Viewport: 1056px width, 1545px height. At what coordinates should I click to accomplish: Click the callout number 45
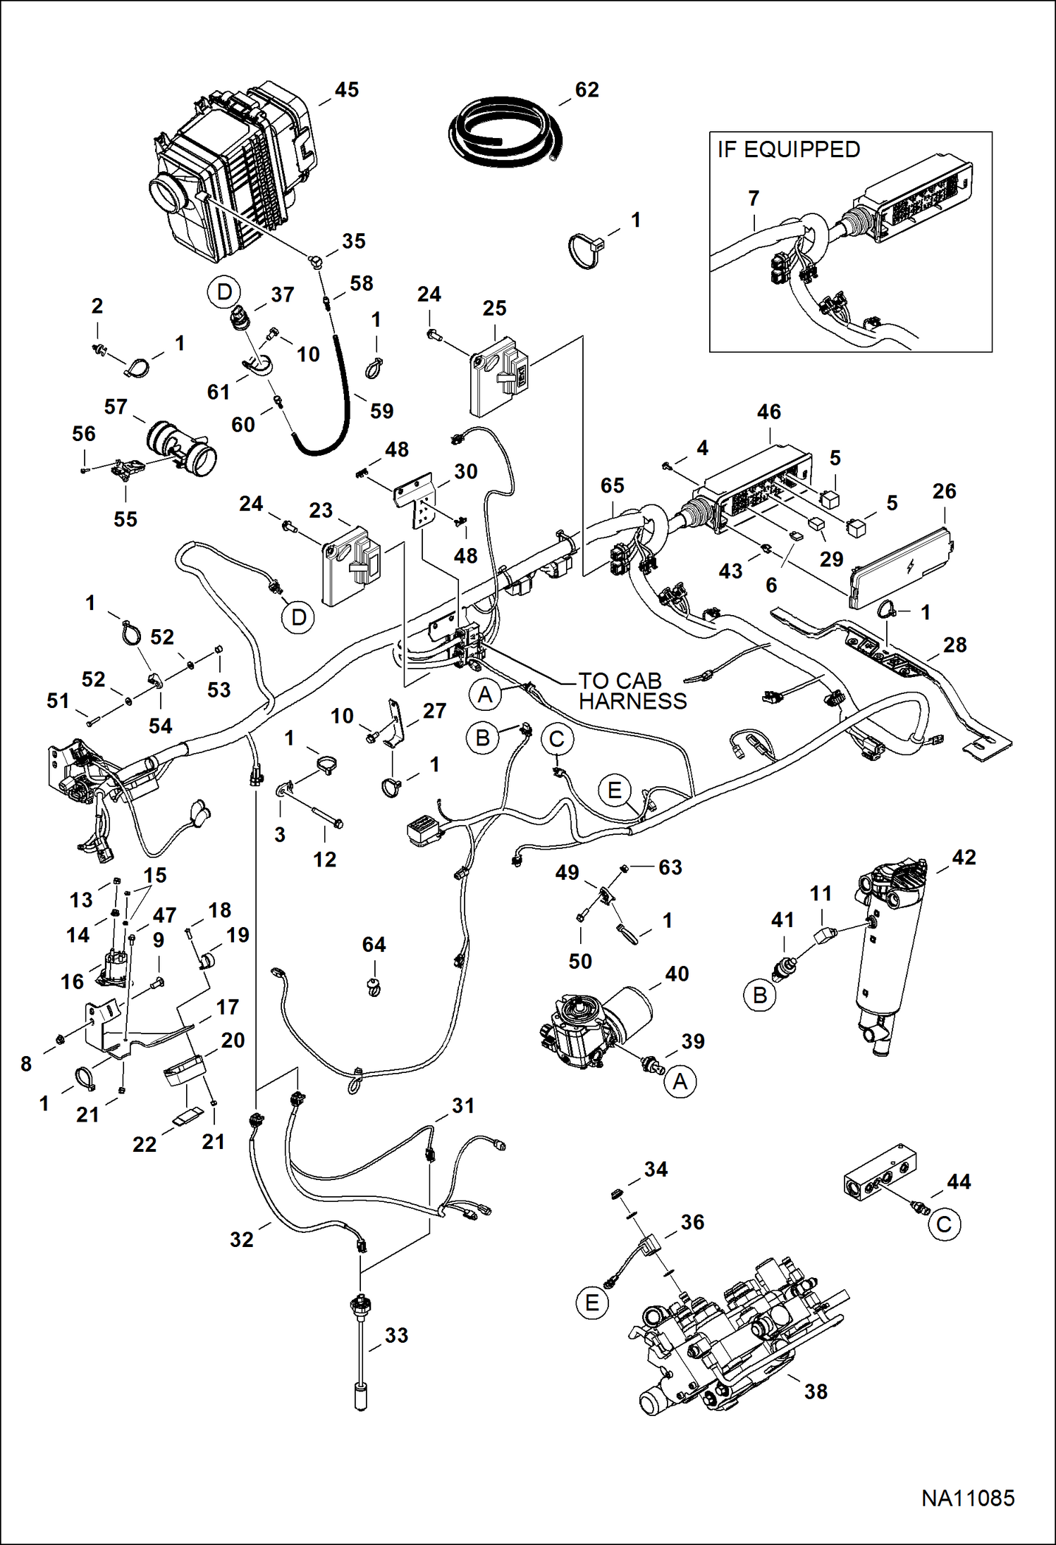(346, 90)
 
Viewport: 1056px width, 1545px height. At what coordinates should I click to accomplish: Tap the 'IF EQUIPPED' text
(788, 149)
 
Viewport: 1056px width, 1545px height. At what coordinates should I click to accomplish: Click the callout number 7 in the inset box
(754, 199)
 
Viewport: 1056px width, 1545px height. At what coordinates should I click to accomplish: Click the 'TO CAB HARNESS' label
(632, 691)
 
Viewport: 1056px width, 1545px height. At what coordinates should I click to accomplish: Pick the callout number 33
(396, 1335)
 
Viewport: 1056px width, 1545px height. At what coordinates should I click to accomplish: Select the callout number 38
(816, 1391)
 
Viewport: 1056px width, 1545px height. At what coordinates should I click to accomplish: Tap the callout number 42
(964, 857)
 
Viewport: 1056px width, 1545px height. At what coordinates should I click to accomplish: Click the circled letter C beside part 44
(943, 1224)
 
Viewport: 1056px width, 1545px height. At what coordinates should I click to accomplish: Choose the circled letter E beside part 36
(592, 1303)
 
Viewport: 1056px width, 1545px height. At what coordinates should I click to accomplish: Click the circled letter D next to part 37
(224, 292)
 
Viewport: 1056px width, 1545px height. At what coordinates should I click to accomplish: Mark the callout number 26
(944, 491)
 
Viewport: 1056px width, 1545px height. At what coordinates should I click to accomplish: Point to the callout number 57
(116, 407)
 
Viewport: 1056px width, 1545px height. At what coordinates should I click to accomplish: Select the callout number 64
(374, 945)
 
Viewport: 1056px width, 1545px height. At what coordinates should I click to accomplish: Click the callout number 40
(677, 974)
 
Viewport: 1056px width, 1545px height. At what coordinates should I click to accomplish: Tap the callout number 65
(612, 485)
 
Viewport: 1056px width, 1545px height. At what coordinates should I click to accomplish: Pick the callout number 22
(145, 1144)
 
